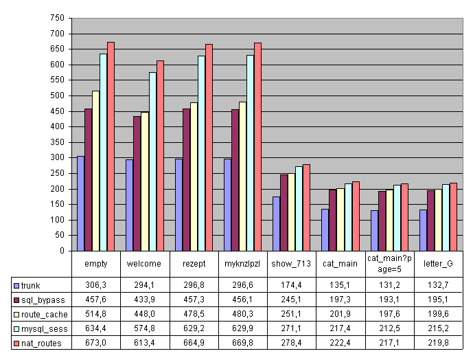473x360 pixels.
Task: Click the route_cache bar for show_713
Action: coord(292,212)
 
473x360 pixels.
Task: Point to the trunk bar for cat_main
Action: coord(325,229)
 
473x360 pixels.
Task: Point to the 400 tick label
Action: coord(57,126)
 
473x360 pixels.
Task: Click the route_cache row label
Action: coord(42,314)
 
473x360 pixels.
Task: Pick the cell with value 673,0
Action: coord(95,343)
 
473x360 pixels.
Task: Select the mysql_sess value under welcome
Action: coord(145,328)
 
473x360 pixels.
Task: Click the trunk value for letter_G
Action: coord(438,285)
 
